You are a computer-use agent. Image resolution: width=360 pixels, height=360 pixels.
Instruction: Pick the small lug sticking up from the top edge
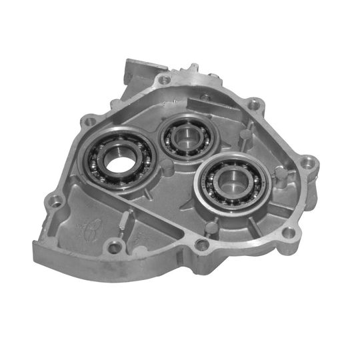194,69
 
